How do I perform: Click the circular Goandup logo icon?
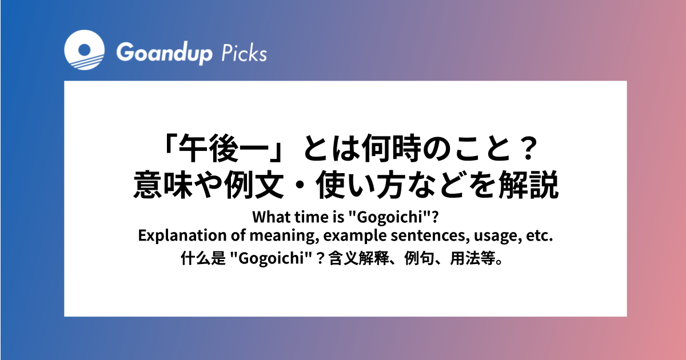point(84,50)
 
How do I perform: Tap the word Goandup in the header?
point(164,54)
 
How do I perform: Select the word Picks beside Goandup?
point(244,53)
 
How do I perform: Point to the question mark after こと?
point(529,149)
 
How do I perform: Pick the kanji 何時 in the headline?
point(391,149)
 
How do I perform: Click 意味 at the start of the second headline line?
point(163,185)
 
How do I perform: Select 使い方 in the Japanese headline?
point(358,185)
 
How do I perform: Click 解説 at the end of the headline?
point(529,185)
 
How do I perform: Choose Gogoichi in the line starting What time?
point(389,217)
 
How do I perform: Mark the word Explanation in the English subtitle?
point(182,235)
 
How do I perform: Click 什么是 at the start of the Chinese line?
point(203,258)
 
